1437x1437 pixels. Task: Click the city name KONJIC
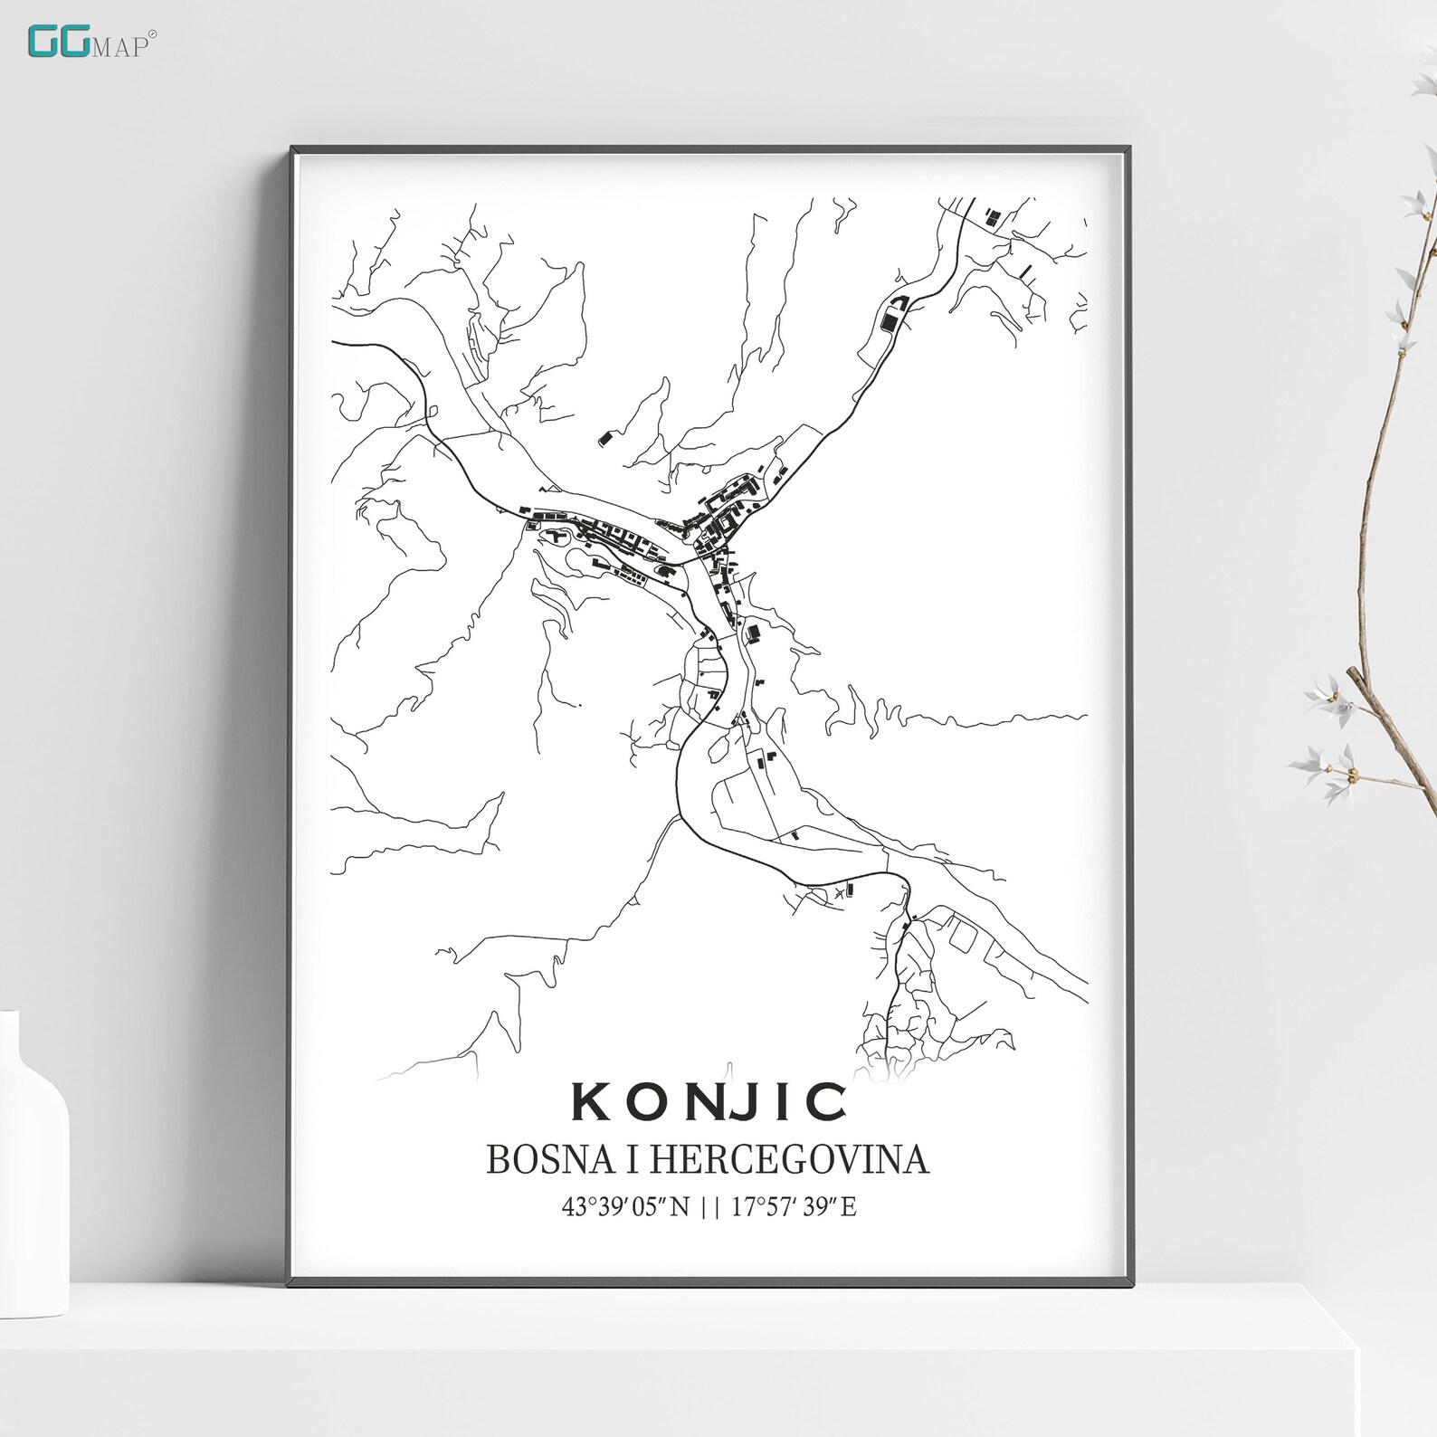click(x=709, y=1102)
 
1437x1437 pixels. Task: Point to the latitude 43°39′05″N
click(x=626, y=1206)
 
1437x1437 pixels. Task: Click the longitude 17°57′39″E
click(x=794, y=1206)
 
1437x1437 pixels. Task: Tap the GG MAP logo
click(x=91, y=43)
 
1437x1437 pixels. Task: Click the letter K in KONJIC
click(x=590, y=1102)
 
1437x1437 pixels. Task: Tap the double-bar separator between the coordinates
click(x=710, y=1206)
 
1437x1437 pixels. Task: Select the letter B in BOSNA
click(x=498, y=1160)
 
